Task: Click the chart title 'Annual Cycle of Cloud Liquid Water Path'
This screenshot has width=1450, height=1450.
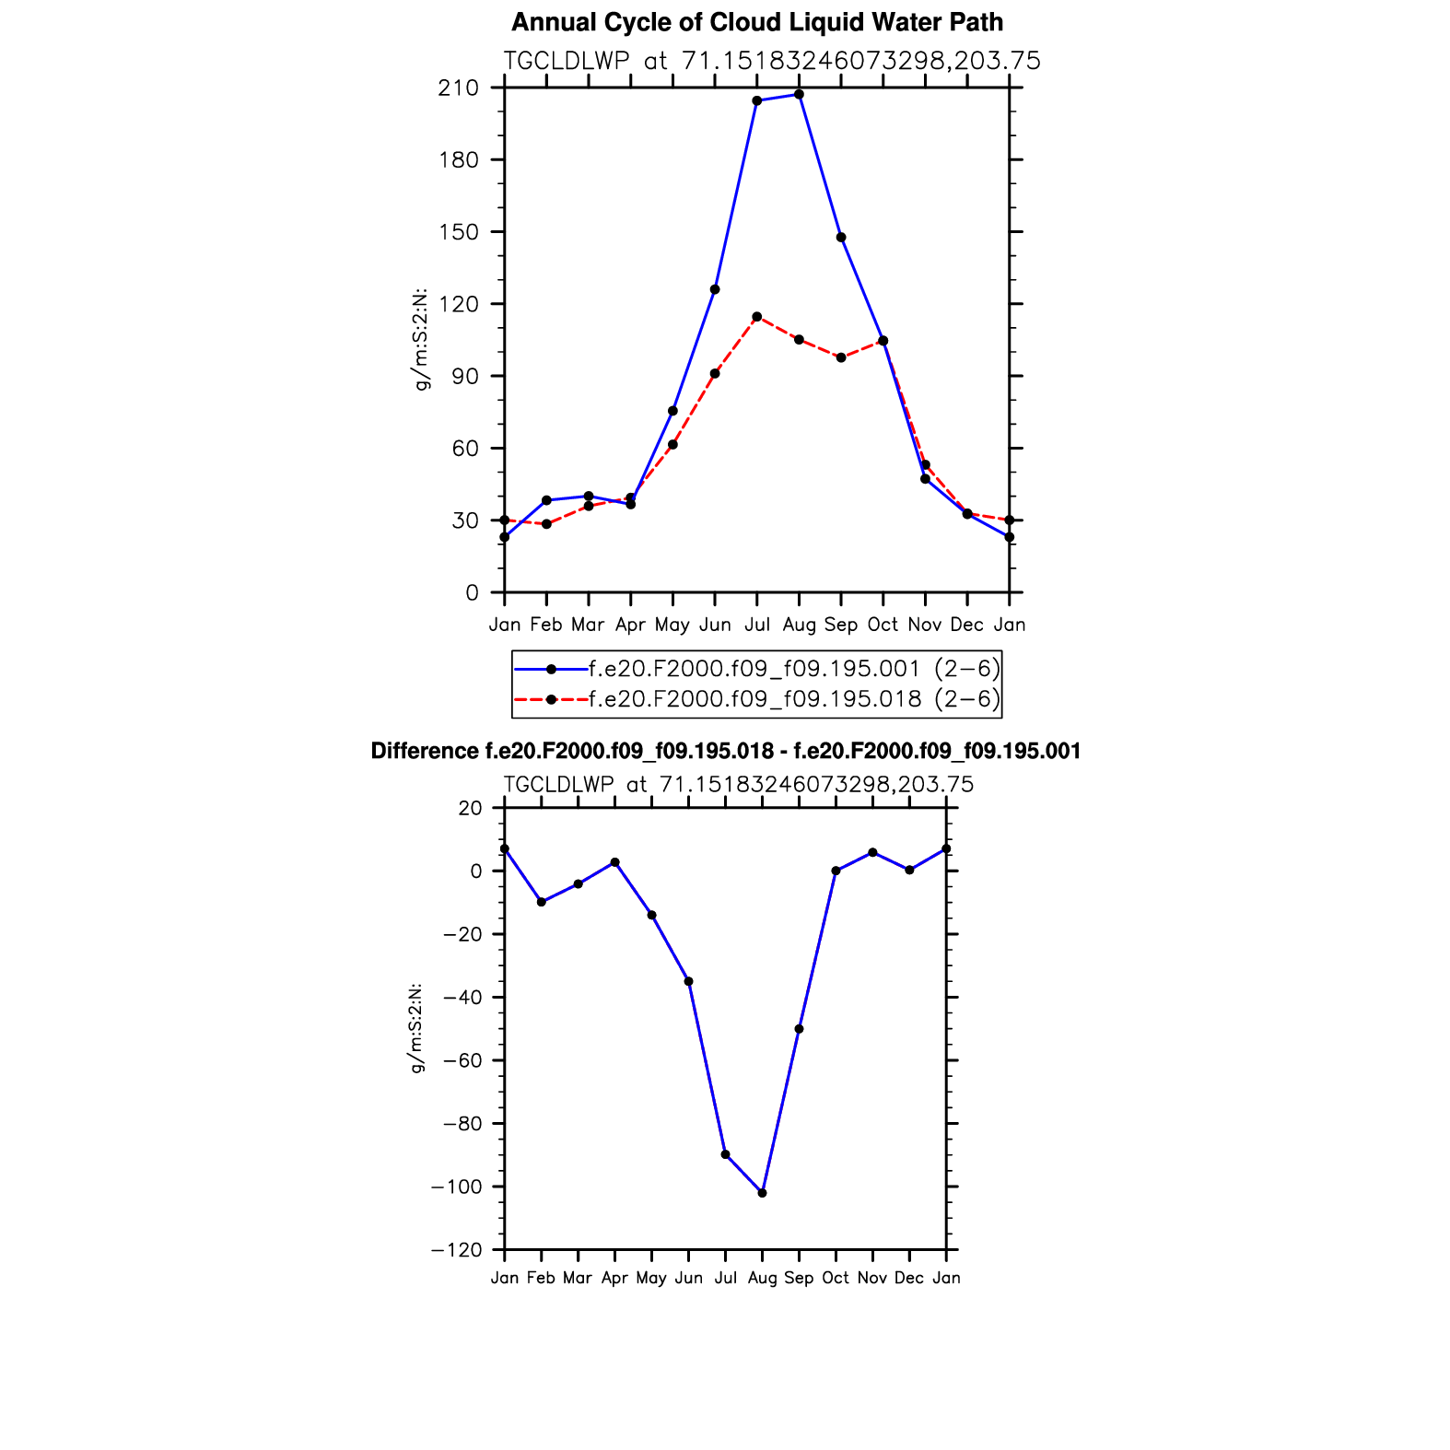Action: tap(756, 22)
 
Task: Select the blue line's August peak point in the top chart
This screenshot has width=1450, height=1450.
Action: tap(799, 95)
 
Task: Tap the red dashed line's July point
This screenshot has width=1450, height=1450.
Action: tap(756, 317)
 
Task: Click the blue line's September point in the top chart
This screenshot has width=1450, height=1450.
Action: tap(841, 238)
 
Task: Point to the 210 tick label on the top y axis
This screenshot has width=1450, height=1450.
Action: tap(459, 88)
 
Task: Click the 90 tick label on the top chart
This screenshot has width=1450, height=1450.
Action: tap(465, 376)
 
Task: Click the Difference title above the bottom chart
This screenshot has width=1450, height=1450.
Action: tap(725, 752)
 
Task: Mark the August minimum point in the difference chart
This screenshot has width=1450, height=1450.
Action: tap(762, 1193)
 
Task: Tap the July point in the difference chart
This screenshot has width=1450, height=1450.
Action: tap(725, 1154)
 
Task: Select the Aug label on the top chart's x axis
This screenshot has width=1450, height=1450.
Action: tap(799, 626)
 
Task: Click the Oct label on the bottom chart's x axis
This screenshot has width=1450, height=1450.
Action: tap(836, 1279)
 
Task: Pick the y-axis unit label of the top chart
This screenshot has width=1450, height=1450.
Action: tap(422, 340)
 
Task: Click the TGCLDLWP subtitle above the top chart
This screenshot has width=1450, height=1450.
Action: tap(772, 61)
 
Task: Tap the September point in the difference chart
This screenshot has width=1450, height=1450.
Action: tap(799, 1029)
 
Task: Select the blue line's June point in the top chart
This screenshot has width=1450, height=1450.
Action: tap(715, 289)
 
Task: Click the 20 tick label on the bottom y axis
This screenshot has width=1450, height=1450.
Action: tap(470, 808)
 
